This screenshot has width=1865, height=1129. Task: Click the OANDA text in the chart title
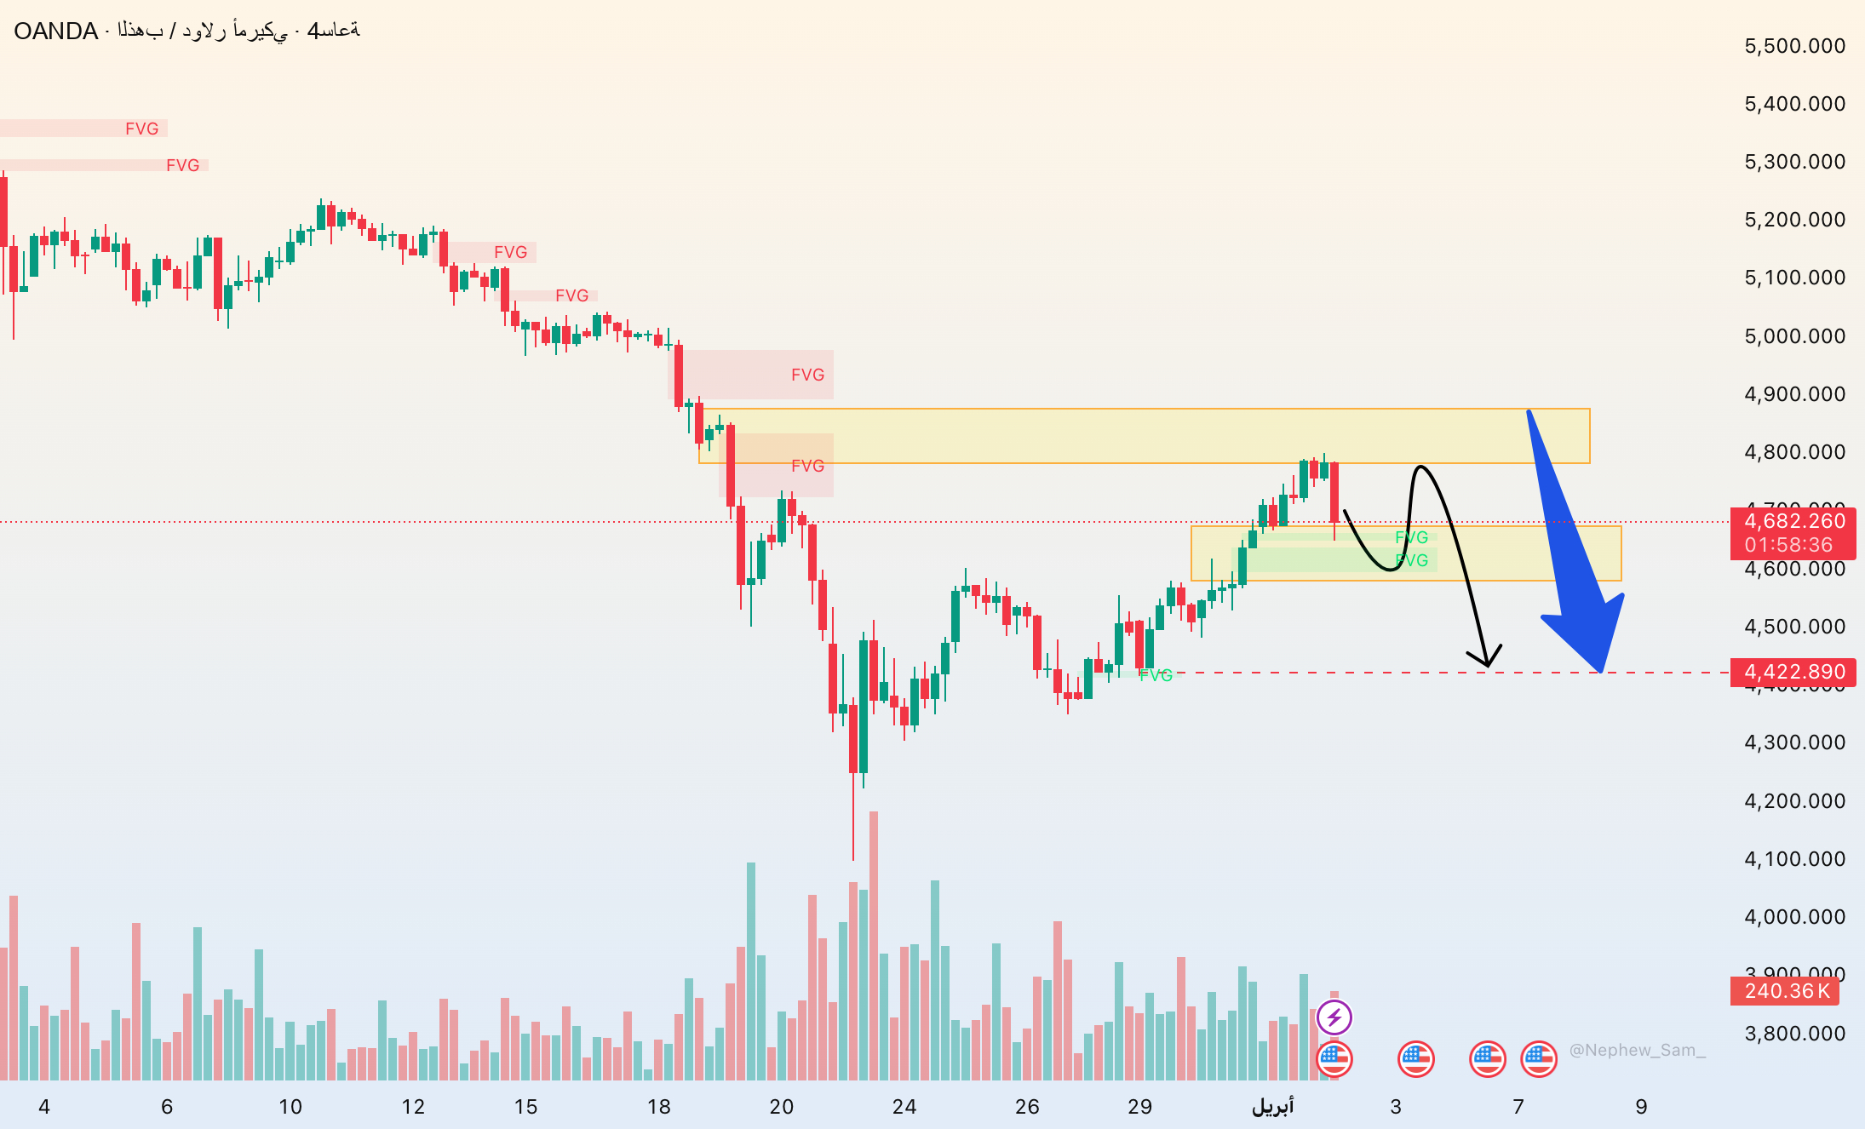(56, 32)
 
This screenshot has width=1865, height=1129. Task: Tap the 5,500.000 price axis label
(1794, 46)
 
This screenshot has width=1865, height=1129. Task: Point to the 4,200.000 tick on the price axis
(1794, 801)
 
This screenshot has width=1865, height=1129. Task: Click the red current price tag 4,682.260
(1794, 521)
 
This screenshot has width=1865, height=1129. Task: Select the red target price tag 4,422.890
(1794, 672)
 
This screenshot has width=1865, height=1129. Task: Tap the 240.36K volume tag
(1787, 991)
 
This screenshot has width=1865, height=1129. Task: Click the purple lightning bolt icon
(1334, 1017)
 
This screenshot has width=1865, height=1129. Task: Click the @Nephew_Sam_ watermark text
(1637, 1051)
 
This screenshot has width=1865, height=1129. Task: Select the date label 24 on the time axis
(904, 1107)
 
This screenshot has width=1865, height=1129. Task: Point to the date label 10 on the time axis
(290, 1107)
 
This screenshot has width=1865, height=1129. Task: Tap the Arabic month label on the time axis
(1272, 1107)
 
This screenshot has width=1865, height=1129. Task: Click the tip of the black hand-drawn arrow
(1488, 665)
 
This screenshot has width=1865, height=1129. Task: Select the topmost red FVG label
(141, 129)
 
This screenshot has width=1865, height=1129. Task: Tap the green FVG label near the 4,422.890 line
(1156, 675)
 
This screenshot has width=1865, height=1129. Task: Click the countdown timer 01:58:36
(1788, 545)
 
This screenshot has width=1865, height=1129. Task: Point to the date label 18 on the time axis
(658, 1107)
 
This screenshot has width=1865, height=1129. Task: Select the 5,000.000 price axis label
(1794, 336)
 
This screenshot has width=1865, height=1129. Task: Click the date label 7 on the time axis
(1518, 1107)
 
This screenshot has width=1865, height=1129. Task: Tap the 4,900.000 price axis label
(1794, 394)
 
